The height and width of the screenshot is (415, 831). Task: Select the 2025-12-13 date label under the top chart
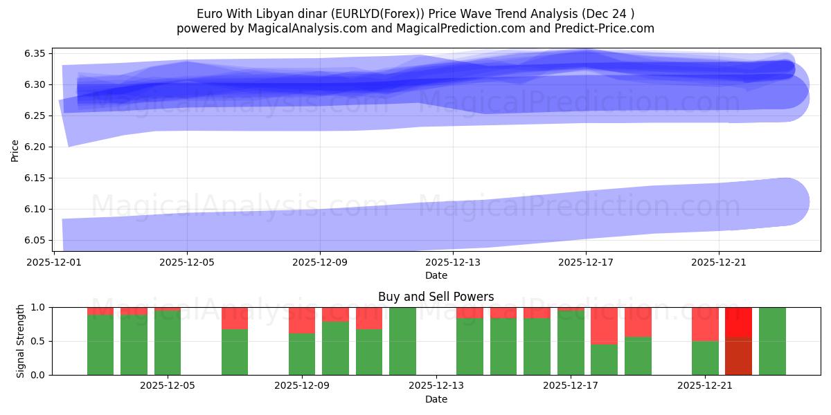click(452, 262)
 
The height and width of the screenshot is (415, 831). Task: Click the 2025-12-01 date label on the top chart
click(54, 262)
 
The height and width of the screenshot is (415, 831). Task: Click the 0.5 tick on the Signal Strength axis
click(39, 341)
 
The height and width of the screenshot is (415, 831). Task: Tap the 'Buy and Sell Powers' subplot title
click(436, 297)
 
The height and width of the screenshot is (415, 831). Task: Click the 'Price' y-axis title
click(15, 149)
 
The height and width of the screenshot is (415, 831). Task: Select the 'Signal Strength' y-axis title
click(21, 340)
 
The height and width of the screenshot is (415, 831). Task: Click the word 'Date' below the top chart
click(436, 275)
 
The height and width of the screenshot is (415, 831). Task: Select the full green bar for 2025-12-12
click(402, 341)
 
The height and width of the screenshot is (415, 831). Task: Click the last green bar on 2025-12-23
click(772, 341)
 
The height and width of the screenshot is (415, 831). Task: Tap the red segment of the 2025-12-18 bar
click(604, 325)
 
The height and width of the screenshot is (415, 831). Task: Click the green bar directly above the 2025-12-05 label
click(168, 342)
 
